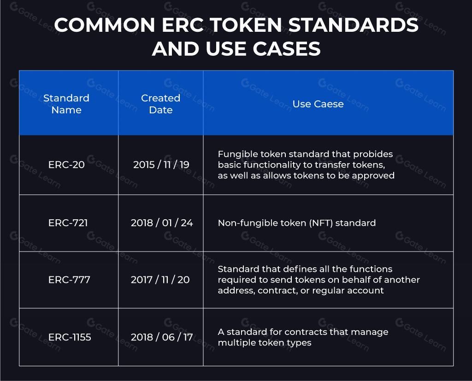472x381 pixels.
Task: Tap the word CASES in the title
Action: coord(287,49)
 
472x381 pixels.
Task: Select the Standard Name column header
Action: coord(66,104)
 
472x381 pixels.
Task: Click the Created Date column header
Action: coord(161,104)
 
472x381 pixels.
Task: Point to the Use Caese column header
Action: coord(318,104)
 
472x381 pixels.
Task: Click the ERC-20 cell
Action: coord(66,164)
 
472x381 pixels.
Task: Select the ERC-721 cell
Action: coord(68,223)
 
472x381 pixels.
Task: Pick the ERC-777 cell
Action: coord(69,280)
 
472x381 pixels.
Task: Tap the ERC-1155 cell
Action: coord(70,337)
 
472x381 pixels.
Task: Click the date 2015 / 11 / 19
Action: coord(161,164)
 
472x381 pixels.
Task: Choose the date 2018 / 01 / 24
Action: coord(162,223)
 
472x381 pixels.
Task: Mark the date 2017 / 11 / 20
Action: coord(160,280)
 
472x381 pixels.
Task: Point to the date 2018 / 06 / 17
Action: coord(162,337)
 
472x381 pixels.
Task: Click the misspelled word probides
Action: coord(373,154)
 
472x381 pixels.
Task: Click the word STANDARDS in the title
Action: coord(354,25)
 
